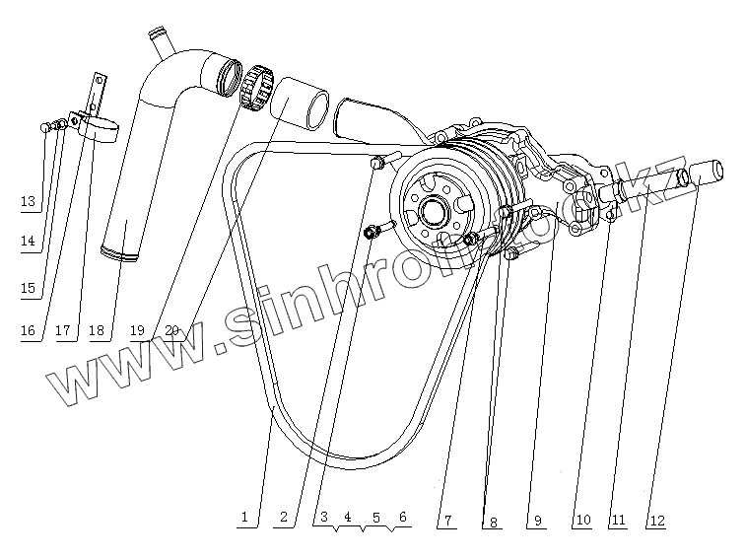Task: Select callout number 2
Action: [283, 516]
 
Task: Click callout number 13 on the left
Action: [28, 202]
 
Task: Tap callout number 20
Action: [172, 330]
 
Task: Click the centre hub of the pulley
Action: [432, 208]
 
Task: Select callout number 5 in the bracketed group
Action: [374, 516]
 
